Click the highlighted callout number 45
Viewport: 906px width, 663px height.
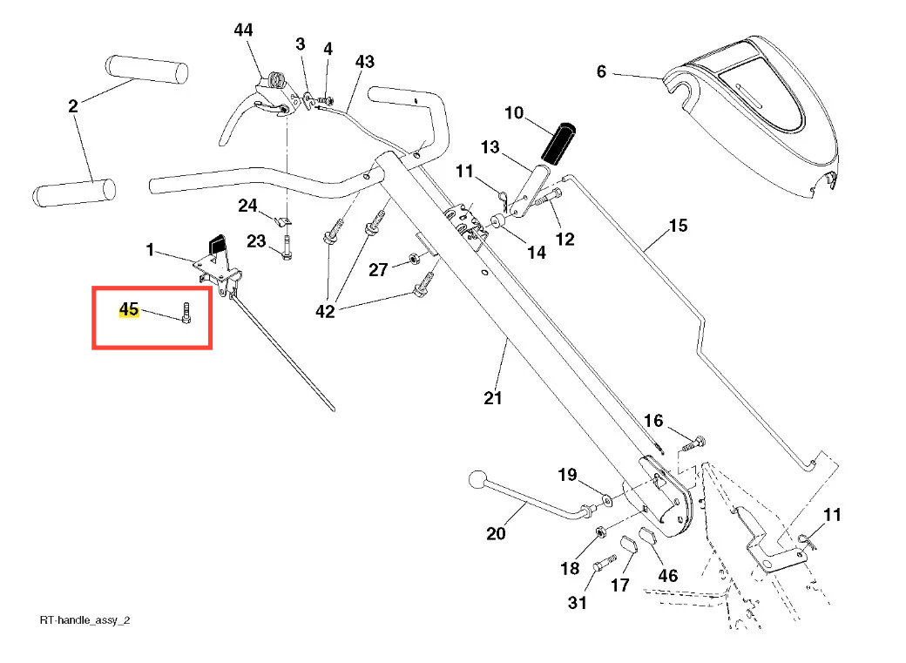(129, 309)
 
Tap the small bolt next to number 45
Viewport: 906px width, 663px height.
(186, 312)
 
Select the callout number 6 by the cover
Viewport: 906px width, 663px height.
(601, 72)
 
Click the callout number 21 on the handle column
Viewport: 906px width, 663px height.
(493, 398)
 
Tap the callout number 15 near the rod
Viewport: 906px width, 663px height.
(678, 227)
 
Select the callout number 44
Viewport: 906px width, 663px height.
(243, 30)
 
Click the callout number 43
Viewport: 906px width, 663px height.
(364, 62)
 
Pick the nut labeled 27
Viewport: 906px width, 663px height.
(416, 260)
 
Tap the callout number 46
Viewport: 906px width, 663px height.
(667, 576)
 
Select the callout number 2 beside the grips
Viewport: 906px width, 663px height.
(73, 106)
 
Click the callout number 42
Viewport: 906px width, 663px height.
(325, 311)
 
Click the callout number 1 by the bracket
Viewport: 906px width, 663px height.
(150, 251)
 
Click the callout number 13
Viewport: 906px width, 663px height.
(490, 147)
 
